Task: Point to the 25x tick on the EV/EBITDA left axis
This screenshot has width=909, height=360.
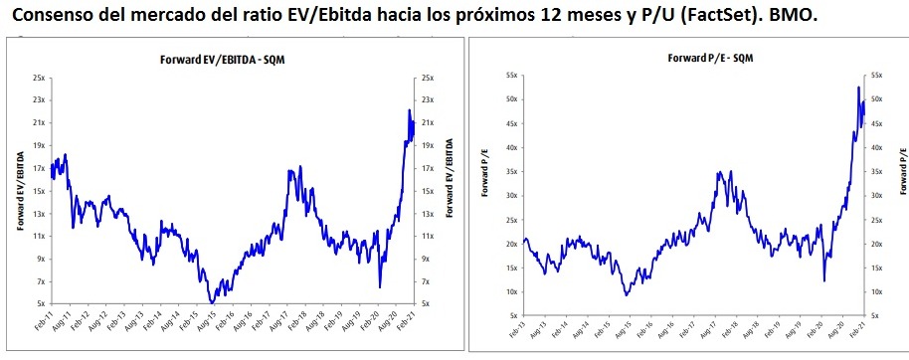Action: point(37,78)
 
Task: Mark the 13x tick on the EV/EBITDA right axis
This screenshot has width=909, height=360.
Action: point(429,213)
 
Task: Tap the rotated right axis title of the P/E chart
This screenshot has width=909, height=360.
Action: point(901,170)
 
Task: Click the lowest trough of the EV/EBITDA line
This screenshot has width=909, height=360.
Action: point(211,301)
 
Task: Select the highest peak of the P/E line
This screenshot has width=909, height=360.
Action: point(858,88)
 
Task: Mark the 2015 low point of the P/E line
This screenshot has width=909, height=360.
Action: point(626,295)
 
